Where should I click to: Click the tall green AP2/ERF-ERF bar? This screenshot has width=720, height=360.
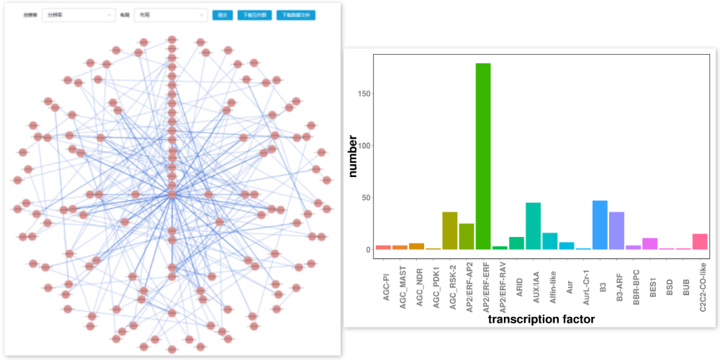click(x=483, y=156)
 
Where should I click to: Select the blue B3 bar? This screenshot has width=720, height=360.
click(x=600, y=225)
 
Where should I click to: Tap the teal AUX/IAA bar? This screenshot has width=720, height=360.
click(x=533, y=226)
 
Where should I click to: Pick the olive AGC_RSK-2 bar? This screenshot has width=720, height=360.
click(x=450, y=231)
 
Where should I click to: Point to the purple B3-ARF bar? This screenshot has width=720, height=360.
click(x=616, y=231)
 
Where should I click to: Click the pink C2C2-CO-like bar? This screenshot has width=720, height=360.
click(x=700, y=242)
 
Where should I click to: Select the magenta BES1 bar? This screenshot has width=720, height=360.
click(x=650, y=244)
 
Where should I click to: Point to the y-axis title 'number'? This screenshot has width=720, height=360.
click(x=353, y=158)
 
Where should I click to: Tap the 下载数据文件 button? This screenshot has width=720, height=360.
click(x=296, y=15)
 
